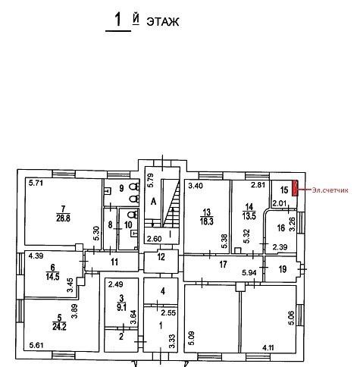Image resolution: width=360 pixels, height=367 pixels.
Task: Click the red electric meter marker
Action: tap(295, 188)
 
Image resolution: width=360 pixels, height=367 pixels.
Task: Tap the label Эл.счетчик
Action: tap(330, 190)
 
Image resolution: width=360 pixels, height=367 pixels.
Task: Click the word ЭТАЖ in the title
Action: tap(163, 22)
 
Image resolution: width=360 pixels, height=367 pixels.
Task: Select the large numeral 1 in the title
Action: tap(118, 20)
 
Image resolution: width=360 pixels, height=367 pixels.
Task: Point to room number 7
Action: tap(63, 209)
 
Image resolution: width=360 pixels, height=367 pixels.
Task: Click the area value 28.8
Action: tap(63, 218)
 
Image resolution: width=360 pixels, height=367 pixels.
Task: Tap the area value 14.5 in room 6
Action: tap(52, 276)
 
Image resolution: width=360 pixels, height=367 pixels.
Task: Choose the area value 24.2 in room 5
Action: tap(59, 327)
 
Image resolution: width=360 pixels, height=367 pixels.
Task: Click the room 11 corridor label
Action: tap(114, 262)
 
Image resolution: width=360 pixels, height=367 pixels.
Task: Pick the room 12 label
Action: tap(161, 257)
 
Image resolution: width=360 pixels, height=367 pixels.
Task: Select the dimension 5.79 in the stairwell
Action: tap(151, 180)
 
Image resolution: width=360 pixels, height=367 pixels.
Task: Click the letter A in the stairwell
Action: tap(154, 202)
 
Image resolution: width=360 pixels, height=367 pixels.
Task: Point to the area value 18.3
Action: tap(207, 221)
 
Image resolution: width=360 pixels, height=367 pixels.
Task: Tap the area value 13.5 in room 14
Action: tap(249, 216)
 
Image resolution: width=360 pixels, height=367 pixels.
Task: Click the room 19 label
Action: tap(283, 269)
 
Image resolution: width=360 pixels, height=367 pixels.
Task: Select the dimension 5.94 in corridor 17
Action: tap(249, 272)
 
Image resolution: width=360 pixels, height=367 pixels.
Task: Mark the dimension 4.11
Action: tap(268, 348)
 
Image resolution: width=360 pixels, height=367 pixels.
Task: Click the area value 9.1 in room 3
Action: tap(122, 309)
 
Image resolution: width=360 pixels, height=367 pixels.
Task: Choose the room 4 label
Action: tap(163, 291)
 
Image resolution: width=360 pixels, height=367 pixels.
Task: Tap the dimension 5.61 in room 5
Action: tap(36, 345)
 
